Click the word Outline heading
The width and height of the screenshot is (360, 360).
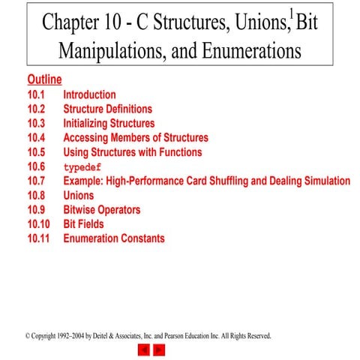(x=44, y=80)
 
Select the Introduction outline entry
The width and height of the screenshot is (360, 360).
(x=89, y=95)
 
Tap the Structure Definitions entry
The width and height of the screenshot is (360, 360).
(x=107, y=109)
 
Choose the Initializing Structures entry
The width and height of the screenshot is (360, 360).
(x=109, y=124)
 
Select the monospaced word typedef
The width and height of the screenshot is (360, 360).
(x=82, y=167)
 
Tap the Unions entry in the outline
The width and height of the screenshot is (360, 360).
(x=79, y=195)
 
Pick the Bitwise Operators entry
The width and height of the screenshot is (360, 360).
(x=101, y=210)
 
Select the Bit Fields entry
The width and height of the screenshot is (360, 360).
(x=83, y=224)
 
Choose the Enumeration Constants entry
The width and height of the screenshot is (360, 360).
(x=113, y=238)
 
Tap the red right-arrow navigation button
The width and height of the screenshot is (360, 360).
(x=159, y=349)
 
